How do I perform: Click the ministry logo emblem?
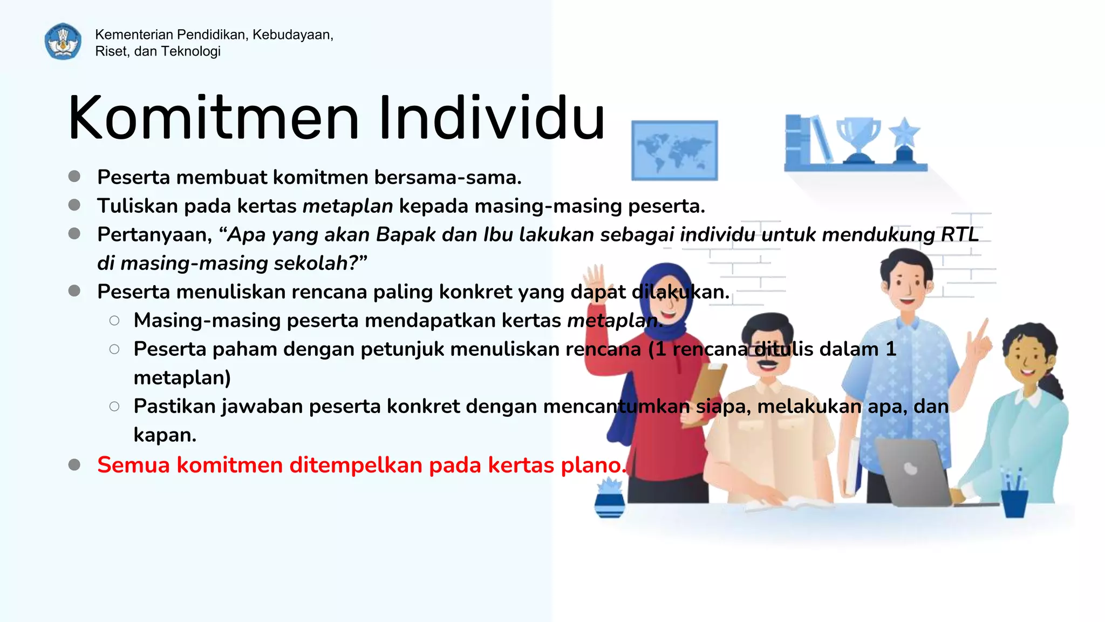pos(63,42)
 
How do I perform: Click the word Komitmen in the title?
pos(213,118)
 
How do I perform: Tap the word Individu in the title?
pos(491,118)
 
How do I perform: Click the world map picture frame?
pos(674,150)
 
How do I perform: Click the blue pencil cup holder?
pos(1014,502)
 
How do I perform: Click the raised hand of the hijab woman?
pos(597,281)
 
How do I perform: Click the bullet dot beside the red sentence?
pos(74,465)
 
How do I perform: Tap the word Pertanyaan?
pos(154,235)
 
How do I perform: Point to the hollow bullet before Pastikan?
pos(114,407)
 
